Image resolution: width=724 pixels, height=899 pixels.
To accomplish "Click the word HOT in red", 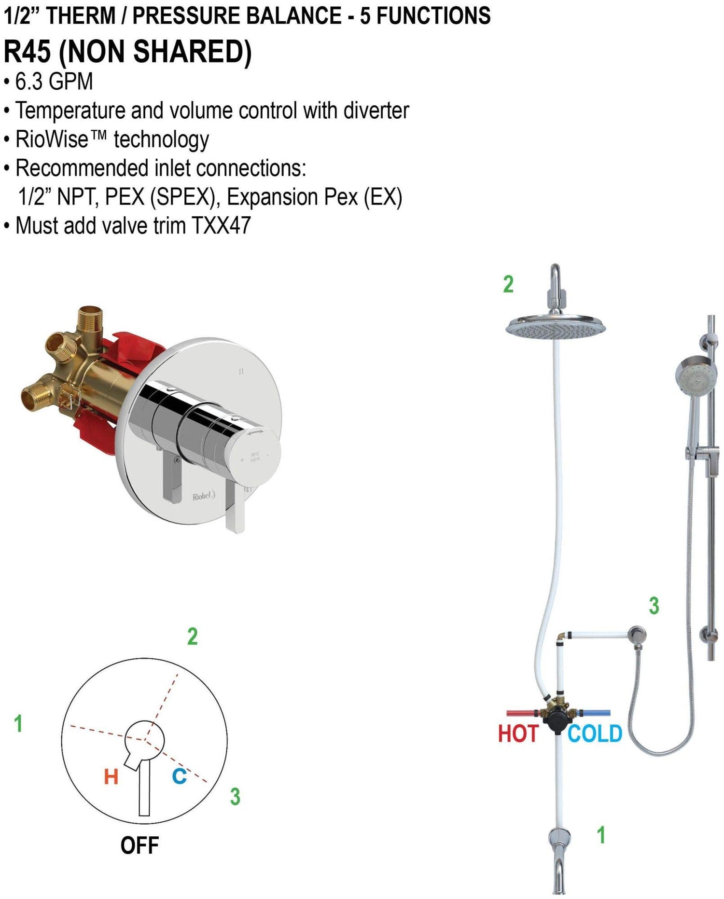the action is (x=518, y=733).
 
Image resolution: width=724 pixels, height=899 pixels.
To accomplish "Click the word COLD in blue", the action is (x=595, y=733).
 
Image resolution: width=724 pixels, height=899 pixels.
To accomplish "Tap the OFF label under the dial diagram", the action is (x=139, y=845).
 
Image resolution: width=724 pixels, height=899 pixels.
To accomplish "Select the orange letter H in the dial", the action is (x=111, y=776).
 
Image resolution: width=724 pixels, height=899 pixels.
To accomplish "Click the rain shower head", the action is (x=556, y=326).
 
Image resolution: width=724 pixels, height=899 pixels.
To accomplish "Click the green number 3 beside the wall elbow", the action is (x=654, y=606).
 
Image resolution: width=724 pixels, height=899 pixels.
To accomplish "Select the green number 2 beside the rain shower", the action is (x=508, y=284).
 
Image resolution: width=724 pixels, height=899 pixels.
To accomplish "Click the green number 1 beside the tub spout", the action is (x=601, y=835).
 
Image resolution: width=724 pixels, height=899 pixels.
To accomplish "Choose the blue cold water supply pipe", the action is (x=595, y=713).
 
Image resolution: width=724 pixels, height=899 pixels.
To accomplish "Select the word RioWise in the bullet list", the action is (x=52, y=139).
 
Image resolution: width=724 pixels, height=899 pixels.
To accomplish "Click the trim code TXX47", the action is (x=221, y=225).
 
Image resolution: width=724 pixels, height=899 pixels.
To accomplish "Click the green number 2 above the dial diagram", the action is (x=193, y=637).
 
